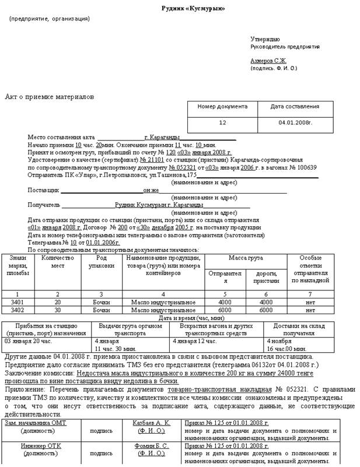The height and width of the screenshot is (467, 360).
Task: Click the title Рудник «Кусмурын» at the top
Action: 193,9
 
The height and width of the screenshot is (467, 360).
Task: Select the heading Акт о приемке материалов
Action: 49,97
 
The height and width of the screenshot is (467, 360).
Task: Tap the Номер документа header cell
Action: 222,107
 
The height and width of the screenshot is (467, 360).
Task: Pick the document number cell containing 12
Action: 222,123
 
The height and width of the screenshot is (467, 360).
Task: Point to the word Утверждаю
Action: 265,38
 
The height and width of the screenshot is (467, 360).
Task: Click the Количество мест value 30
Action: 57,310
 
